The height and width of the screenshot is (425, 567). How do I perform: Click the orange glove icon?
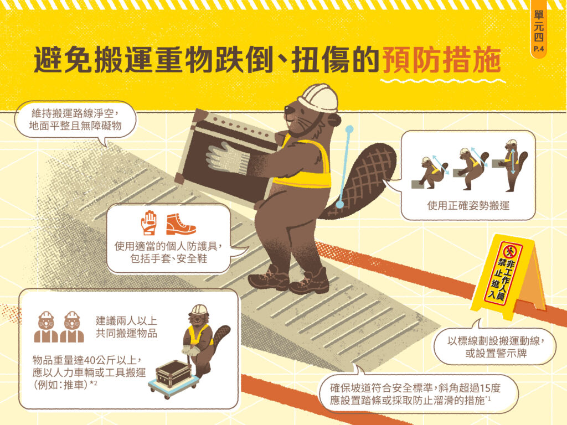[149, 222]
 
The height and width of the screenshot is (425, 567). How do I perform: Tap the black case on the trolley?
[173, 374]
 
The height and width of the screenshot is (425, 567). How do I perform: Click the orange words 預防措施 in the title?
[441, 60]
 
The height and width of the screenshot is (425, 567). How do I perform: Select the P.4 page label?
[539, 49]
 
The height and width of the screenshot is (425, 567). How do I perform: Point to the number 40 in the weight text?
[89, 360]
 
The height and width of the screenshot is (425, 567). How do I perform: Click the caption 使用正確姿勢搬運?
[468, 206]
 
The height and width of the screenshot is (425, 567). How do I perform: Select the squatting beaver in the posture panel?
[432, 173]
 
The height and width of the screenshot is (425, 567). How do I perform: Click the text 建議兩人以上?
[127, 320]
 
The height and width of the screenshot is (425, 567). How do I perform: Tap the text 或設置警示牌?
[496, 353]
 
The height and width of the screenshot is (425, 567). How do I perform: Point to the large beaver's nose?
[287, 108]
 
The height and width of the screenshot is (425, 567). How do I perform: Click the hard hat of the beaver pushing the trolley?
[199, 310]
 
